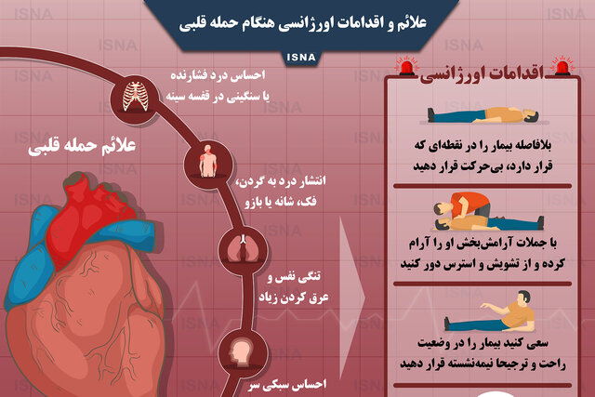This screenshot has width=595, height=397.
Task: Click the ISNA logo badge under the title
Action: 301,58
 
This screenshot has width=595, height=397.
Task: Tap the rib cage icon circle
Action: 135,99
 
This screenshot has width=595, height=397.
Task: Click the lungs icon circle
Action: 243,250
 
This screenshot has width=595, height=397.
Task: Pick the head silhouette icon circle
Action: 243,353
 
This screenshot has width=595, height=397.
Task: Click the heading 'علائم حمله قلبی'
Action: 82,146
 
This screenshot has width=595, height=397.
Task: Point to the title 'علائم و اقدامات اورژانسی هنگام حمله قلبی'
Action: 303,22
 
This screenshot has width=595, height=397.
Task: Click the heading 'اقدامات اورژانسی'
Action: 482,73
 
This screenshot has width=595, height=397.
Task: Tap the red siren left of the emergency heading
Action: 407,66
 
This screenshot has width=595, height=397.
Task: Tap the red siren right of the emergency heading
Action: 563,66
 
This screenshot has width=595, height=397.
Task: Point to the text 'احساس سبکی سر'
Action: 287,385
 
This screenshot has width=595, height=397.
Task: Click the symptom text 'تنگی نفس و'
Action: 294,277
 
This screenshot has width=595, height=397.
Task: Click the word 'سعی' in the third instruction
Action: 537,344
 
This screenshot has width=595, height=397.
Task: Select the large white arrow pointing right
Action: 351,297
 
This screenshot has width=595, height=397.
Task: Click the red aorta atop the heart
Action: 89,213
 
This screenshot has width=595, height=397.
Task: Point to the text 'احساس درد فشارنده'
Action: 218,75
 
